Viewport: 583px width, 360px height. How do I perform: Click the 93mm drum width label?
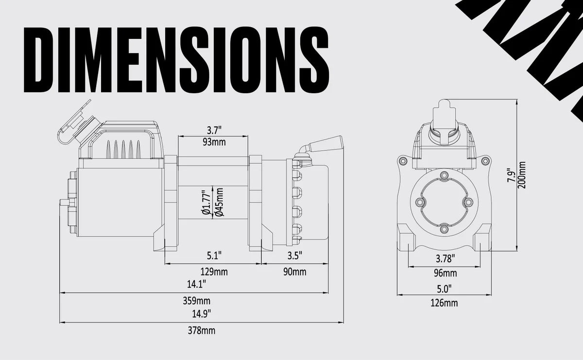(214, 142)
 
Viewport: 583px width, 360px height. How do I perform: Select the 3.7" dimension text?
(214, 130)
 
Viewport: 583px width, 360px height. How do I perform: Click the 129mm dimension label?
(214, 272)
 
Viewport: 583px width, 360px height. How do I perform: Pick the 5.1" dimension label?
(214, 255)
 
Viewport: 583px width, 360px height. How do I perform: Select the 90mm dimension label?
(294, 272)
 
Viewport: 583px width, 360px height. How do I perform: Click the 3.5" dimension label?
(294, 255)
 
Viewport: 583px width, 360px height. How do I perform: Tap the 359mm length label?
(200, 300)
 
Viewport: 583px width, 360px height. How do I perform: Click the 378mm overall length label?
(202, 331)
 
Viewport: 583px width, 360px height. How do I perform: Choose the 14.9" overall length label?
(202, 313)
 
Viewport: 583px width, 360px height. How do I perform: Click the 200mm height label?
(522, 175)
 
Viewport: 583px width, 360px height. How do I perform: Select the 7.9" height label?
(510, 176)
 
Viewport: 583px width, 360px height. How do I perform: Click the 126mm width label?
(444, 304)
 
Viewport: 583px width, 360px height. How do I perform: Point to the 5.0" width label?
(444, 288)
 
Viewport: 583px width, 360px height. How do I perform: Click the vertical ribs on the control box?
(123, 147)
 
